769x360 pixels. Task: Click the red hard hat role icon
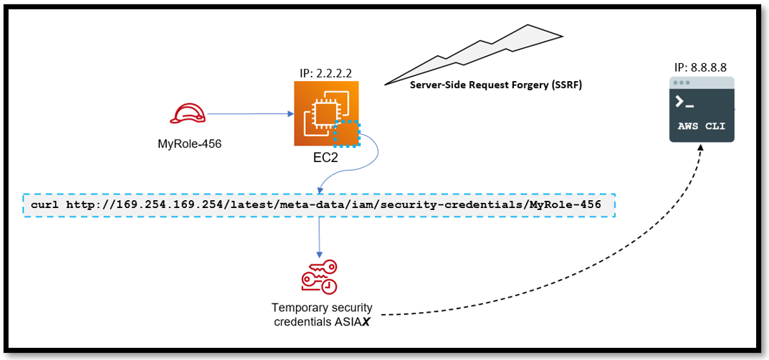(188, 113)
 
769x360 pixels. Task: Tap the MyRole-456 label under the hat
(189, 143)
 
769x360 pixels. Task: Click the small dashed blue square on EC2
(347, 133)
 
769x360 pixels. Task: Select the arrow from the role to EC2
(251, 113)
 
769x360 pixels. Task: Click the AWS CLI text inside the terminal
(702, 126)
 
